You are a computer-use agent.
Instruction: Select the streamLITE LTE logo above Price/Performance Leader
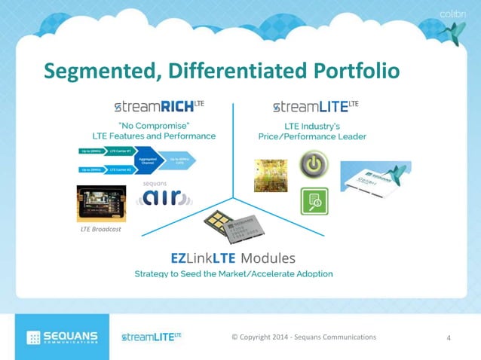315,106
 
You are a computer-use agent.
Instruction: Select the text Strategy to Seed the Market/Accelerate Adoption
233,273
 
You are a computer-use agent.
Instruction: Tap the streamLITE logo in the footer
152,336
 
